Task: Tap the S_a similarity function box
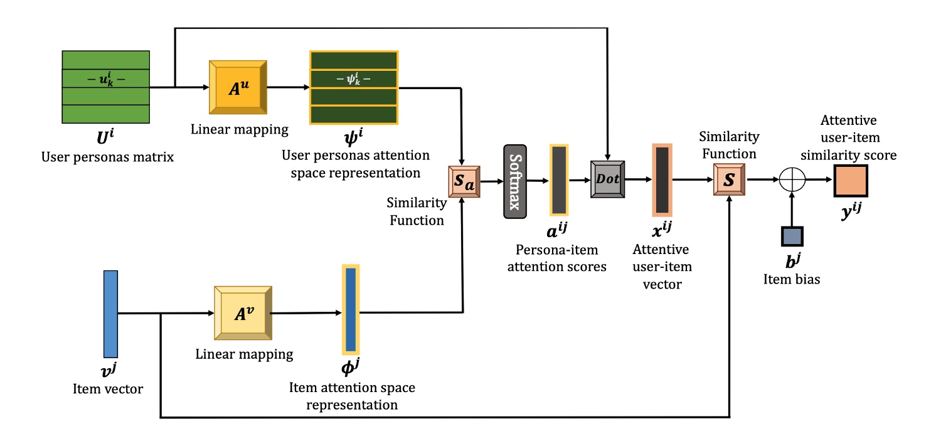(x=464, y=183)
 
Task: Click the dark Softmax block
(x=514, y=181)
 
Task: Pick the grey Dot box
(x=607, y=179)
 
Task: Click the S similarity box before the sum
(x=729, y=179)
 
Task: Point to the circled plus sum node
(x=792, y=179)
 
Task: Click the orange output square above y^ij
(x=850, y=181)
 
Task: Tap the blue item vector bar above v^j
(x=111, y=314)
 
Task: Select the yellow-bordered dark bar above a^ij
(x=559, y=179)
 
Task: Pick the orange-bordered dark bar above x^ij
(x=662, y=179)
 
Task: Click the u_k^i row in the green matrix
(x=105, y=78)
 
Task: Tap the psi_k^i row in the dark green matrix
(x=354, y=79)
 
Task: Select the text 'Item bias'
(x=792, y=279)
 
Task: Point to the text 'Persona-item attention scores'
(x=558, y=258)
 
